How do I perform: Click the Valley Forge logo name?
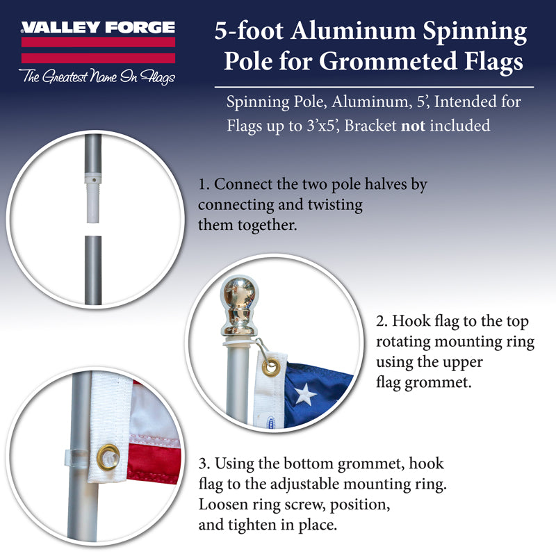97,28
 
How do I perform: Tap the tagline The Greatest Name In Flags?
97,76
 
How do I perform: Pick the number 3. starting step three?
203,464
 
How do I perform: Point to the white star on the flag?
303,395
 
